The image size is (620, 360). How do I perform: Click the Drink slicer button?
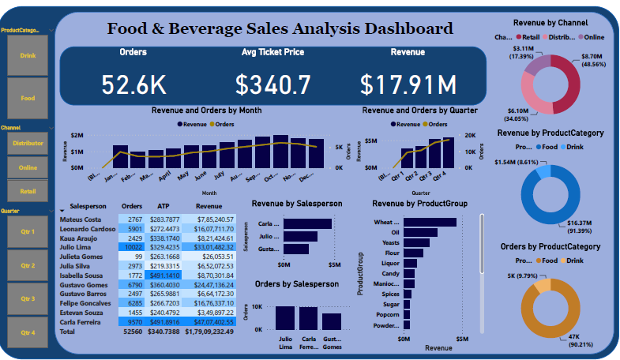[x=28, y=56]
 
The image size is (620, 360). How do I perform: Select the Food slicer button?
[x=28, y=98]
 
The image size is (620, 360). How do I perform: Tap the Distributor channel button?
[x=28, y=144]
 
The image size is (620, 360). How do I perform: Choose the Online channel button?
[x=28, y=167]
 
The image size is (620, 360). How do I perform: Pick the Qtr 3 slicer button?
[x=28, y=298]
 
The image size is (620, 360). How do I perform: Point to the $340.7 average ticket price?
[x=273, y=84]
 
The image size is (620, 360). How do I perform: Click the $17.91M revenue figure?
[x=408, y=84]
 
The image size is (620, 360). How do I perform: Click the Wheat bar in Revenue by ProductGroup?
[x=424, y=223]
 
